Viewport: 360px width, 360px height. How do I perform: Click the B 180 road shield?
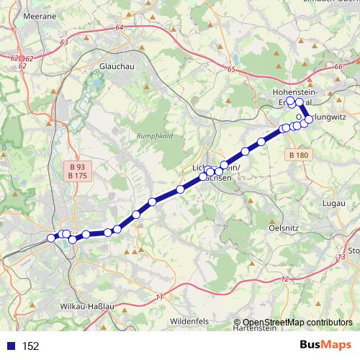[x=297, y=156]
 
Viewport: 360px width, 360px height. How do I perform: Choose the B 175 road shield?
[x=77, y=175]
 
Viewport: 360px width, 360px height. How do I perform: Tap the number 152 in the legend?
[x=30, y=346]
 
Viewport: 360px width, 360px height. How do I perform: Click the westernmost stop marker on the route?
[x=51, y=238]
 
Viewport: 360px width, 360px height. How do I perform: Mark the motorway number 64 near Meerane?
[x=119, y=27]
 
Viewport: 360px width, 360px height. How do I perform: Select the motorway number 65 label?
[x=230, y=70]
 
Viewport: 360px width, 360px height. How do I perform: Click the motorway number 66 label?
[x=338, y=66]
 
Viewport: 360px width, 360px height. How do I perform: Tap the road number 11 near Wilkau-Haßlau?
[x=159, y=297]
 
